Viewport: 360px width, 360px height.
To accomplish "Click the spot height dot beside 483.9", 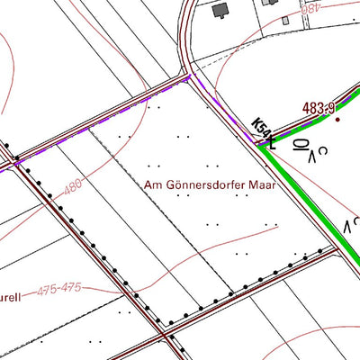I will pyautogui.click(x=338, y=119).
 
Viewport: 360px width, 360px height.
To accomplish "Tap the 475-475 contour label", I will pyautogui.click(x=61, y=291).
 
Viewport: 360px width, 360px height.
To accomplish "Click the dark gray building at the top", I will pyautogui.click(x=220, y=11).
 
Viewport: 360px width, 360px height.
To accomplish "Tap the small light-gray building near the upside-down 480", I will pyautogui.click(x=285, y=18).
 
